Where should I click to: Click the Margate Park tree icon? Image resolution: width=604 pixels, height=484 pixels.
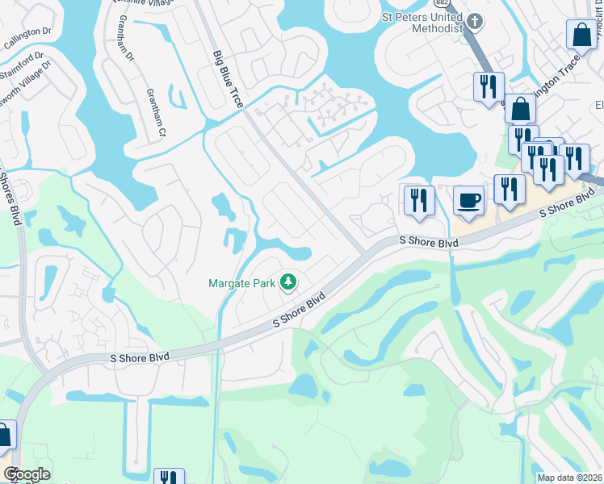tap(287, 282)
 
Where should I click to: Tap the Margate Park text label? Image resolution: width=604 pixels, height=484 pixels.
tap(241, 283)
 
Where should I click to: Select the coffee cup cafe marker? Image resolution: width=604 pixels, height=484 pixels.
tap(468, 201)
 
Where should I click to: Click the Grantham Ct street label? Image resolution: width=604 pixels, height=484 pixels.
tap(154, 112)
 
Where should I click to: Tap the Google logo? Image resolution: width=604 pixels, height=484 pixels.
tap(27, 474)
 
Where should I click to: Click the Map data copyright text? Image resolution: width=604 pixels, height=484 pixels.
tap(569, 478)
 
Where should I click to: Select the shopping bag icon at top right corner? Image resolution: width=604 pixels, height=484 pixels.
tap(581, 35)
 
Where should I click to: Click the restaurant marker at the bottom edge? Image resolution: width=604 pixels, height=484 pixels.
tap(168, 478)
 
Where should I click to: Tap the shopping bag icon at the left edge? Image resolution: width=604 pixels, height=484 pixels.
tap(4, 436)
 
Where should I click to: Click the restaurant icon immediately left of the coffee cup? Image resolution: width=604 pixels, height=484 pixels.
tap(418, 200)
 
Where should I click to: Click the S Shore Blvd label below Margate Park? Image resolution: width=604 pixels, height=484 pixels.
tap(298, 310)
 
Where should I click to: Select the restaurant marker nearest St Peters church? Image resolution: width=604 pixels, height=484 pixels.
tap(488, 86)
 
